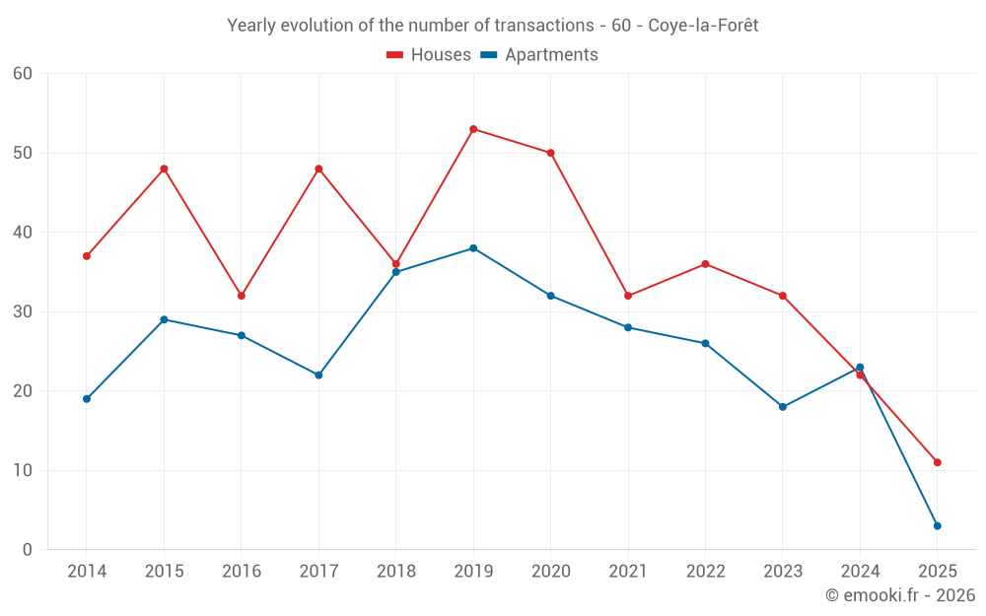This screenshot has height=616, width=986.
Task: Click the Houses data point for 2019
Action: coord(473,129)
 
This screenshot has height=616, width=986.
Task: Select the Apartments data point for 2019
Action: coord(473,248)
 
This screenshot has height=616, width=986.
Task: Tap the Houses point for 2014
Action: coord(87,256)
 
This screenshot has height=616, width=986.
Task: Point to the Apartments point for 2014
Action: coord(87,399)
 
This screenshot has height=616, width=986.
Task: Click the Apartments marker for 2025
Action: coord(937,525)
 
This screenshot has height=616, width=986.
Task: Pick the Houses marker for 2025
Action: coord(937,462)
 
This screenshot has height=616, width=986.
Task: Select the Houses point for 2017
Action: coord(318,169)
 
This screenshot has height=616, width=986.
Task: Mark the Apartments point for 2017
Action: coord(318,375)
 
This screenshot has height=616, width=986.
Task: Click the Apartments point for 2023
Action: coord(783,407)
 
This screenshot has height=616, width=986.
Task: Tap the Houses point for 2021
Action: coord(628,296)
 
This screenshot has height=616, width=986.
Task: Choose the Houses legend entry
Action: coord(429,55)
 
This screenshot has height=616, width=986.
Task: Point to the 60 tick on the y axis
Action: coord(23,74)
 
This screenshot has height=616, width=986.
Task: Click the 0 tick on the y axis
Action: coord(28,550)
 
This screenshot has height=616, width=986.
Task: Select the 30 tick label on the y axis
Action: coord(23,311)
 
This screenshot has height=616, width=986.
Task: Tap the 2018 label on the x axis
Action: coord(395,572)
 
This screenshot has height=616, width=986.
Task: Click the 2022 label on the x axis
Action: coord(705,572)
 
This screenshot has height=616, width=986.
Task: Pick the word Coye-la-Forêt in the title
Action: coord(703,26)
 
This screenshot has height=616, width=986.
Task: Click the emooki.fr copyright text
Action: coord(900,595)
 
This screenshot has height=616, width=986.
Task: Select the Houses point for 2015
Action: coord(164,169)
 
